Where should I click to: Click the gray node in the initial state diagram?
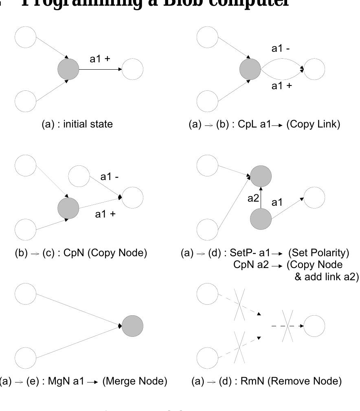point(68,69)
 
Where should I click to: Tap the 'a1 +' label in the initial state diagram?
point(100,59)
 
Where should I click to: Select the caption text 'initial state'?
point(88,124)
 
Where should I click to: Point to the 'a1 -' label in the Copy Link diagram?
point(281,48)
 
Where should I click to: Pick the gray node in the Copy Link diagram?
point(250,69)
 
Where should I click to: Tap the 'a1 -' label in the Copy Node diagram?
point(110,177)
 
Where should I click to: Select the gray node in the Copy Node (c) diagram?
point(68,208)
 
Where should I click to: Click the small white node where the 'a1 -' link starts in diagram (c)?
point(79,176)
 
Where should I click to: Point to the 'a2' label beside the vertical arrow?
point(253,198)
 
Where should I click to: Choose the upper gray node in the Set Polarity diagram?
point(261,176)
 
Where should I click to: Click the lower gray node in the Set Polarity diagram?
point(261,219)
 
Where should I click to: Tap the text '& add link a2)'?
point(327,277)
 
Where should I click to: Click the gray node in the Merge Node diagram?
point(132,326)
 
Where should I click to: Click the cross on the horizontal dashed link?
point(287,325)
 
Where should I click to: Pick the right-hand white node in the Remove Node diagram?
point(314,326)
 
